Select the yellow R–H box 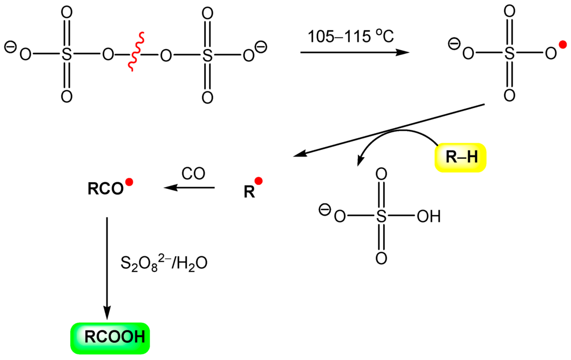coord(461,158)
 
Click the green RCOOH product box coord(110,337)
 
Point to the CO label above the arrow coord(193,173)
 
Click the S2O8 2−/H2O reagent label coord(163,263)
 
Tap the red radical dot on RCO coord(129,182)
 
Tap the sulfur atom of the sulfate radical coord(509,54)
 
